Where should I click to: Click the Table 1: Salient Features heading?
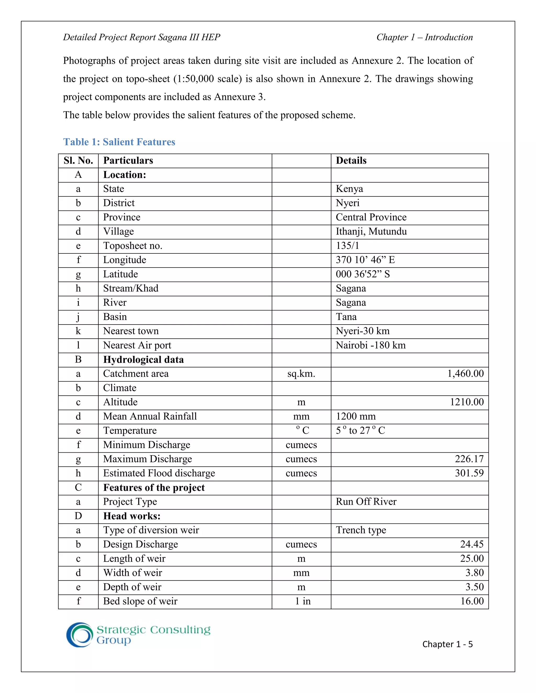(119, 142)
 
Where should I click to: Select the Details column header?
(351, 161)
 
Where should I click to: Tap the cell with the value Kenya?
(349, 189)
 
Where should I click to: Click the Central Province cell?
(371, 217)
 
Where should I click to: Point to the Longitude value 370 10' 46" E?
(365, 260)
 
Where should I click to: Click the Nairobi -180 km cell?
(371, 345)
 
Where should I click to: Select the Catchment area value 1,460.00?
(465, 374)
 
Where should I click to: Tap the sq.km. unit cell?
(301, 374)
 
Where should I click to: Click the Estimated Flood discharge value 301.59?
(469, 473)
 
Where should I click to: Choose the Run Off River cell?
(366, 502)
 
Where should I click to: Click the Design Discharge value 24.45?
(472, 544)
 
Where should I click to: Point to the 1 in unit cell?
(303, 601)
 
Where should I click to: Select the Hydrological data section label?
(143, 360)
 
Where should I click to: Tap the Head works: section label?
(132, 516)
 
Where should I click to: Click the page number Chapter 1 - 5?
(447, 644)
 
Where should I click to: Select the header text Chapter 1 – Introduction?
(424, 37)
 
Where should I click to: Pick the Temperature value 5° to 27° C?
(360, 431)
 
